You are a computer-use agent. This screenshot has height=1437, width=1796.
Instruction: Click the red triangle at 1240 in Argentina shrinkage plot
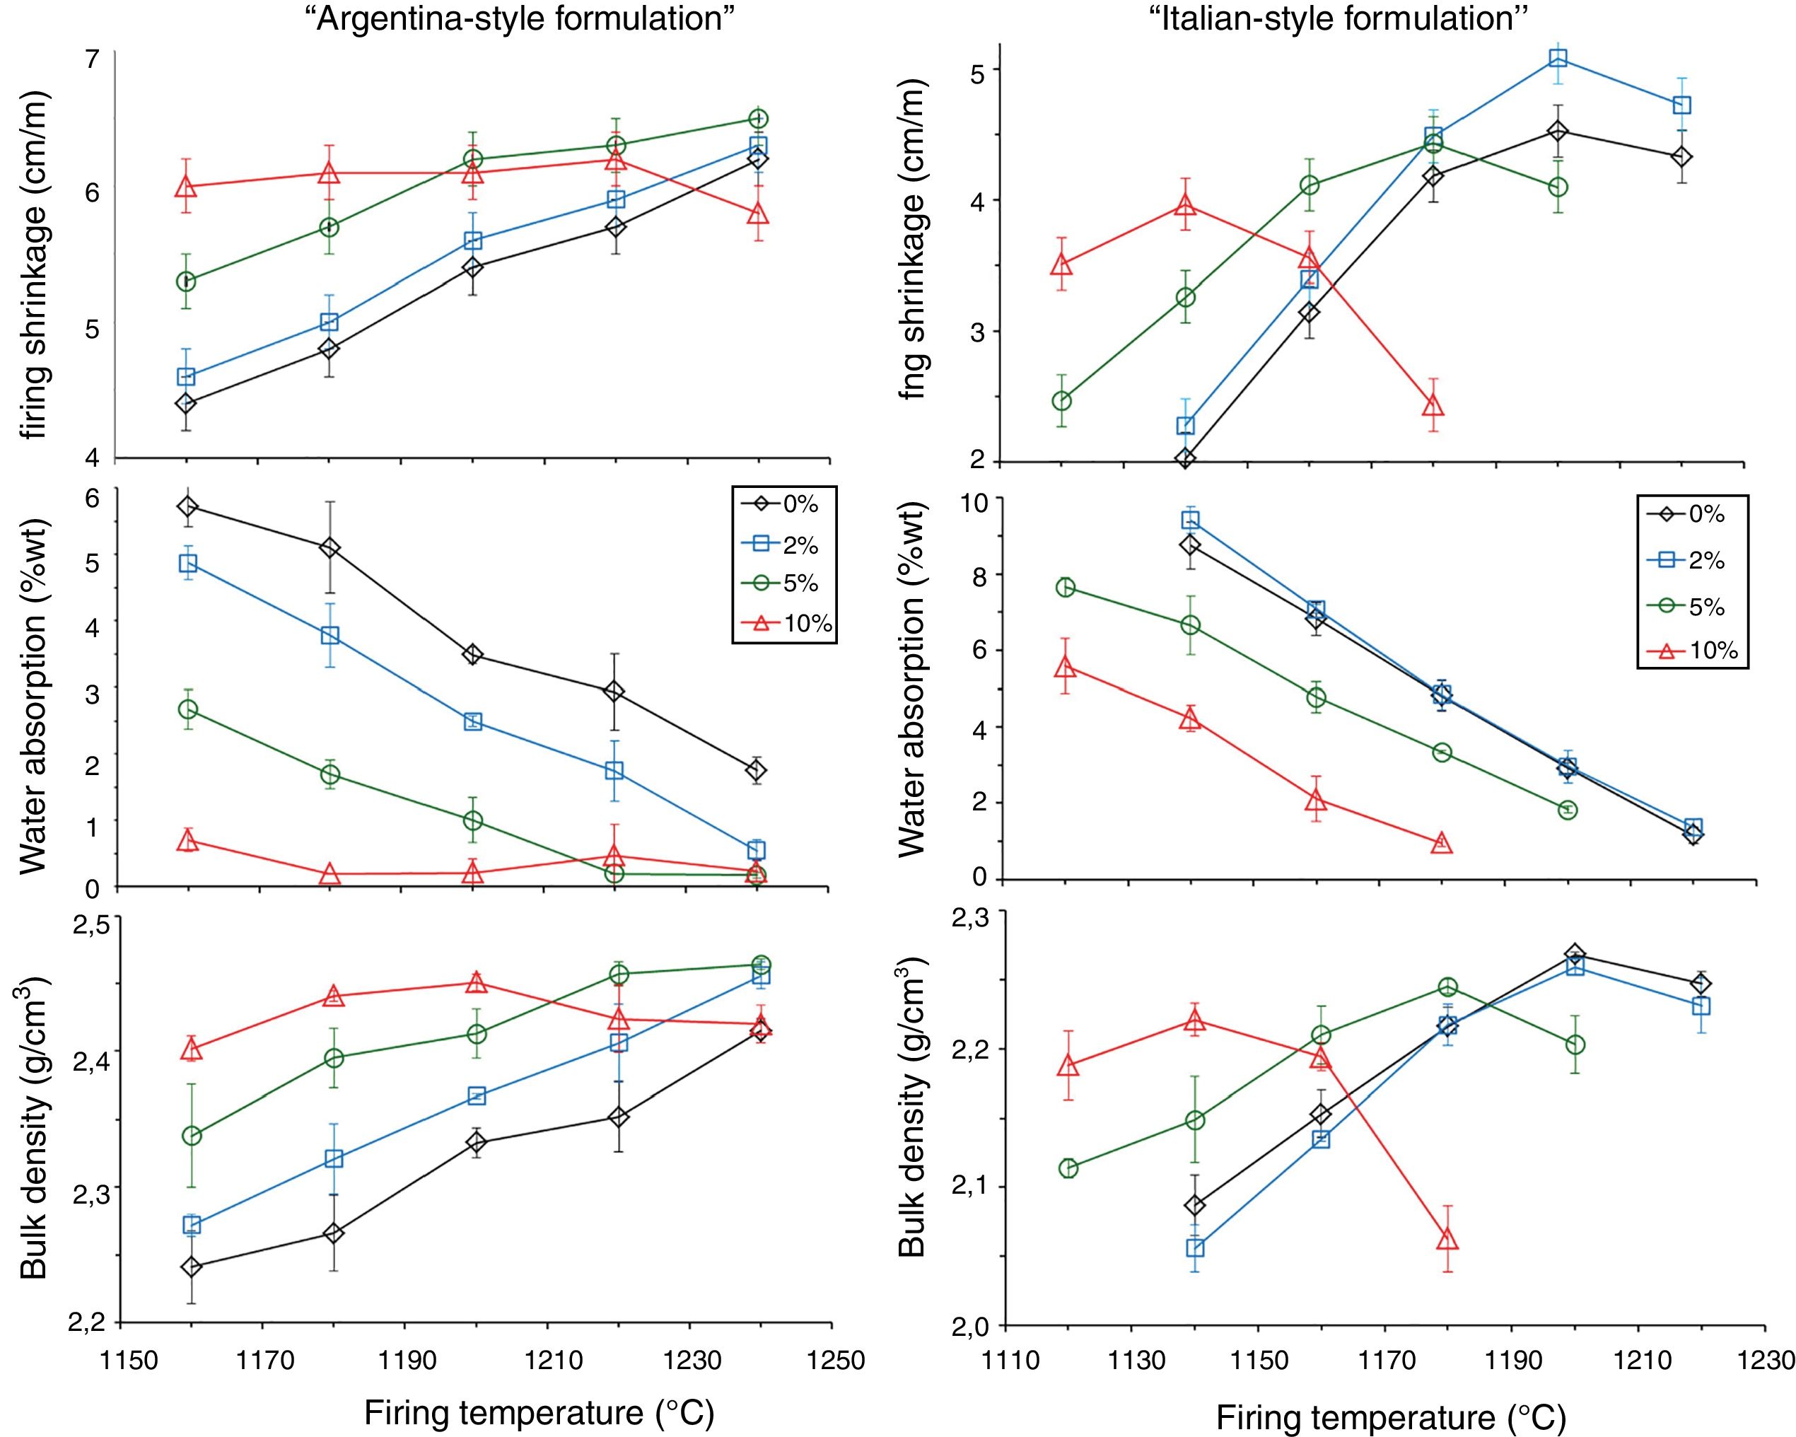pyautogui.click(x=758, y=214)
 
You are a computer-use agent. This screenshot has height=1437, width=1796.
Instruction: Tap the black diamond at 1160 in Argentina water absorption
pyautogui.click(x=187, y=506)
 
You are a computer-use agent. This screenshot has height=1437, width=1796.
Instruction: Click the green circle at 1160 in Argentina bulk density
pyautogui.click(x=192, y=1136)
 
